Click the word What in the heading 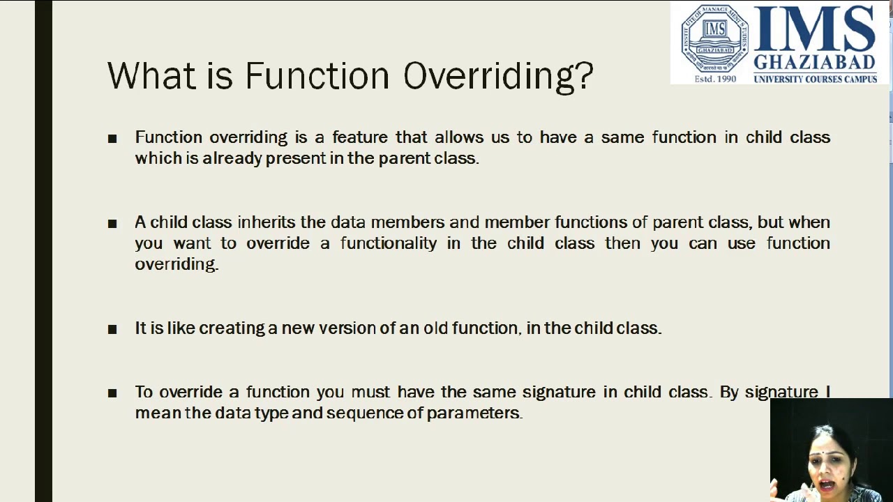pyautogui.click(x=152, y=75)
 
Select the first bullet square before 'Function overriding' pyautogui.click(x=112, y=139)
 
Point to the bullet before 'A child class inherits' pyautogui.click(x=112, y=224)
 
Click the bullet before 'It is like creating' pyautogui.click(x=112, y=330)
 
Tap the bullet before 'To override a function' pyautogui.click(x=112, y=393)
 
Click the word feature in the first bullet pyautogui.click(x=360, y=137)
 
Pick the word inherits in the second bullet pyautogui.click(x=267, y=222)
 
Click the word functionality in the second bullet pyautogui.click(x=389, y=243)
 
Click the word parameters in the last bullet pyautogui.click(x=474, y=413)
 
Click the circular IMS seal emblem pyautogui.click(x=715, y=38)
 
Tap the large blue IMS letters pyautogui.click(x=814, y=28)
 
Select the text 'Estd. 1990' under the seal pyautogui.click(x=715, y=79)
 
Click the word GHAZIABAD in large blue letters pyautogui.click(x=814, y=62)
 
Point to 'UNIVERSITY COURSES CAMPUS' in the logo pyautogui.click(x=816, y=79)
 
